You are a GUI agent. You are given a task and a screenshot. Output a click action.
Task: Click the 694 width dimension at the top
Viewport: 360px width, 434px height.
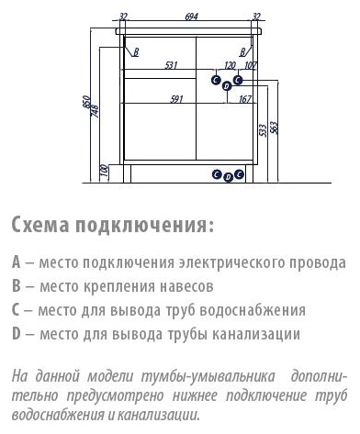pos(191,17)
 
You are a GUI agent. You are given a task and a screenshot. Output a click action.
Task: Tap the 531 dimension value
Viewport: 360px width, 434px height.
pos(171,65)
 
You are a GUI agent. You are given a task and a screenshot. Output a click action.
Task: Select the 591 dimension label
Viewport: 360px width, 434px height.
pos(176,99)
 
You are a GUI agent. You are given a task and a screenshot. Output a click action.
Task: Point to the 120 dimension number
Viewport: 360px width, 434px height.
pos(230,65)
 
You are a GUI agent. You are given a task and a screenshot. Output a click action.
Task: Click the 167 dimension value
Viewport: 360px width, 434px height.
pos(245,99)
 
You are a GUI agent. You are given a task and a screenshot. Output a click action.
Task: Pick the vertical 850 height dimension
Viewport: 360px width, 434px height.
pos(86,102)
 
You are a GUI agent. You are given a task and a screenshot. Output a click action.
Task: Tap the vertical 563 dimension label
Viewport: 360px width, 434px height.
pos(274,128)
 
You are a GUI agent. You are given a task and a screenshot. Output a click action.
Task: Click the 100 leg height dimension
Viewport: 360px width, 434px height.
pos(105,170)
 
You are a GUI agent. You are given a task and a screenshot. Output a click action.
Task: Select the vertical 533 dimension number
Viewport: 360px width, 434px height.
pos(263,130)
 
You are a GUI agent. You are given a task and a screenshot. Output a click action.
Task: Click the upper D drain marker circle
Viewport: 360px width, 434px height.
pos(227,86)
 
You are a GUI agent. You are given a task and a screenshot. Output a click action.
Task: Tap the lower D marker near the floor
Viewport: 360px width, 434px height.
pos(228,177)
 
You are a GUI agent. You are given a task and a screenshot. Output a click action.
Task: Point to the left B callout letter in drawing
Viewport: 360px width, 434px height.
pos(136,52)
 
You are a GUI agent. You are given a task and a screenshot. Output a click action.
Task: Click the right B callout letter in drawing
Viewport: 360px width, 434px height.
pos(242,52)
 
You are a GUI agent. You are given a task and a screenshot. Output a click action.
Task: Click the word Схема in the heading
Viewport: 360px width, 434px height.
pos(40,225)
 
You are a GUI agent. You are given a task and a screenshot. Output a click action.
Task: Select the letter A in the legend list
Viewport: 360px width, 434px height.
pos(17,262)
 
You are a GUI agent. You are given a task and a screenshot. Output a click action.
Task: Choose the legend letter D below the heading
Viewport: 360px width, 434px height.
pos(17,333)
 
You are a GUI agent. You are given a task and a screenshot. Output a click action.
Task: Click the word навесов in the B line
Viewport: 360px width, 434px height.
pos(186,286)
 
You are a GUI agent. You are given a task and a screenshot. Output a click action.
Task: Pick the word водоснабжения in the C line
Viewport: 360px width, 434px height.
pos(253,310)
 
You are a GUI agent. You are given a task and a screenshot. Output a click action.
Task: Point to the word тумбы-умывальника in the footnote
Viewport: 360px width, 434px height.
pos(208,376)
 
